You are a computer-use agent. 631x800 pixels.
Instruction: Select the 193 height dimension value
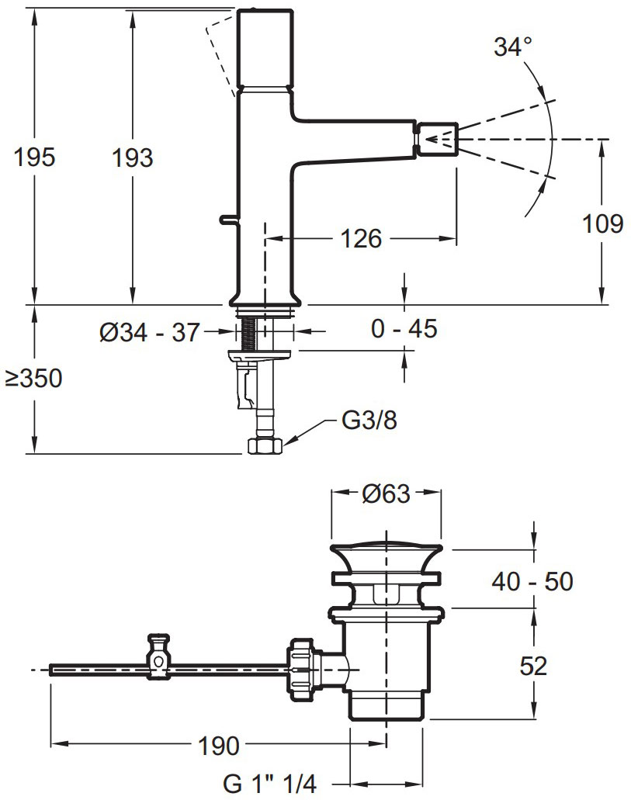click(133, 158)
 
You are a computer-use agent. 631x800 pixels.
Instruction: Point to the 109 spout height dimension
click(603, 223)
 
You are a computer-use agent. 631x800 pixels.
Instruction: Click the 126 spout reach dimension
click(361, 238)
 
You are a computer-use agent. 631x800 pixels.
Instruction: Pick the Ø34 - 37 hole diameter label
click(149, 333)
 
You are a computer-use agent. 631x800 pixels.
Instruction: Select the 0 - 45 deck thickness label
click(404, 328)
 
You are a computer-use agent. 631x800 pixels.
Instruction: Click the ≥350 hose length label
click(33, 379)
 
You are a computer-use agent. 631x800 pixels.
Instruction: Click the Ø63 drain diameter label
click(386, 494)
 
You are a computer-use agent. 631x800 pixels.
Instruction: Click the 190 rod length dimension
click(217, 746)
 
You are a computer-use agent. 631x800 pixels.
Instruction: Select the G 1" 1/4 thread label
click(270, 784)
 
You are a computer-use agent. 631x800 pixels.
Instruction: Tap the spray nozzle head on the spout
click(438, 139)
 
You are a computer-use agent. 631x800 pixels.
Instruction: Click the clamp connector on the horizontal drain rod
click(159, 657)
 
